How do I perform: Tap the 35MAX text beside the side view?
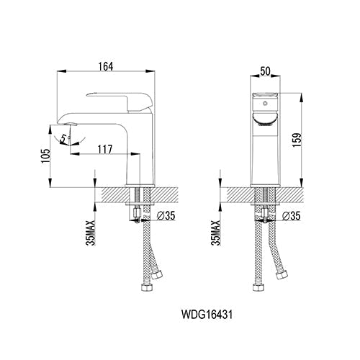click(x=88, y=233)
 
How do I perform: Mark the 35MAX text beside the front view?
click(x=215, y=233)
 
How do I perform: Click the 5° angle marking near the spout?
click(x=64, y=134)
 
